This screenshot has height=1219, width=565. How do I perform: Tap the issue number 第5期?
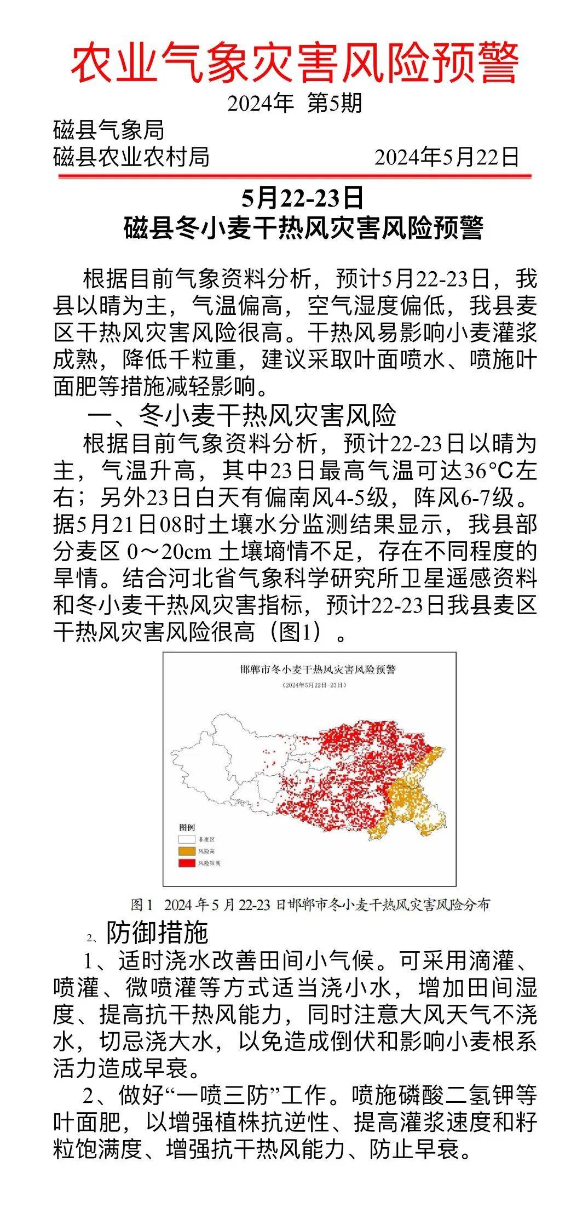click(x=335, y=103)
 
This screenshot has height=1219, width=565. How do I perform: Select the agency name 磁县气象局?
click(x=109, y=130)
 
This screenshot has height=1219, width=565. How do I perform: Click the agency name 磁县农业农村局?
click(x=131, y=157)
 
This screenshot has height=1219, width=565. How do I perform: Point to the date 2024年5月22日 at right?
click(x=447, y=157)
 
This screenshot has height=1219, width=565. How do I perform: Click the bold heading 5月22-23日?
click(x=303, y=198)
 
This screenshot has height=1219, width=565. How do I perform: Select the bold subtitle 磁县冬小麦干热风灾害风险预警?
click(x=303, y=228)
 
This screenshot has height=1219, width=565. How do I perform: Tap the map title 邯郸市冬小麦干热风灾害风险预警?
click(x=318, y=669)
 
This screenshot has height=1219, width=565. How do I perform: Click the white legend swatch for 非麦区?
click(x=186, y=839)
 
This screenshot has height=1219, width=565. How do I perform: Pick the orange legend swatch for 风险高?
click(x=186, y=851)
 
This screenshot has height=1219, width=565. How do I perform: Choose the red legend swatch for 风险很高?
click(x=186, y=863)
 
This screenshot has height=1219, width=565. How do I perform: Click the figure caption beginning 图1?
click(x=310, y=905)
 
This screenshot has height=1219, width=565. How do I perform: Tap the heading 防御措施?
click(x=157, y=931)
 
